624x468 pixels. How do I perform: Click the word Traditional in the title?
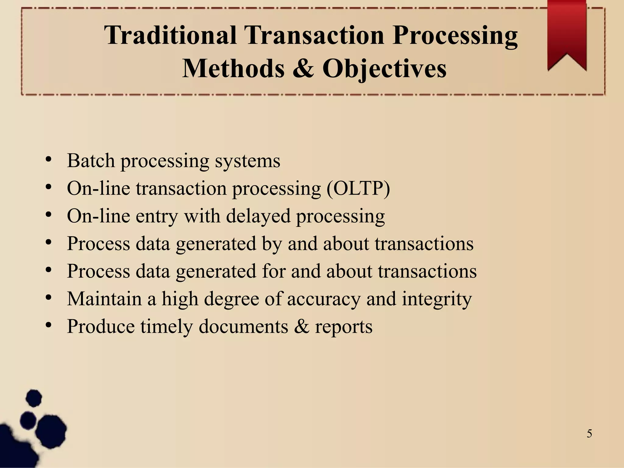click(171, 35)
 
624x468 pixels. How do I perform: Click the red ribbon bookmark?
click(567, 34)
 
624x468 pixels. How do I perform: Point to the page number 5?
click(589, 434)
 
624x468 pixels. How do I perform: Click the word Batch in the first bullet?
click(91, 161)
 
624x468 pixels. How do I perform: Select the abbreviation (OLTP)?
click(358, 188)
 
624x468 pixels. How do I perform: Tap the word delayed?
click(258, 216)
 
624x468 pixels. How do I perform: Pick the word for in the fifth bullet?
click(274, 271)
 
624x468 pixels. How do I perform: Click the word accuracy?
click(324, 299)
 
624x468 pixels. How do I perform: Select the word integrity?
click(437, 299)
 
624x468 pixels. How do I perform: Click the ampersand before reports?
click(302, 327)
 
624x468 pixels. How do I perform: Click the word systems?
click(247, 161)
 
